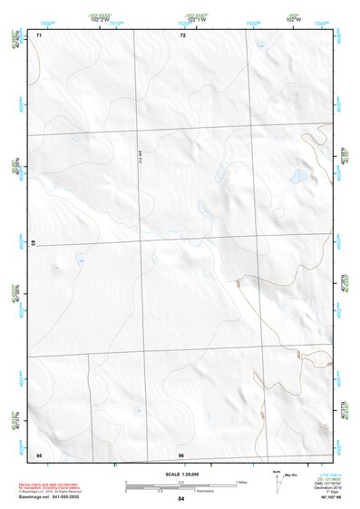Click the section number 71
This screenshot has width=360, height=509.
39,35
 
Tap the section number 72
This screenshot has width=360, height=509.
182,35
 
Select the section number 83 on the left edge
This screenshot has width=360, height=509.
34,243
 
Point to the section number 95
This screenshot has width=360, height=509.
39,454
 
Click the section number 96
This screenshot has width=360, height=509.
181,454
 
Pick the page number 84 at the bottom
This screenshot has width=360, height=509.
181,499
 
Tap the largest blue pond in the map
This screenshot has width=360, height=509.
296,177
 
